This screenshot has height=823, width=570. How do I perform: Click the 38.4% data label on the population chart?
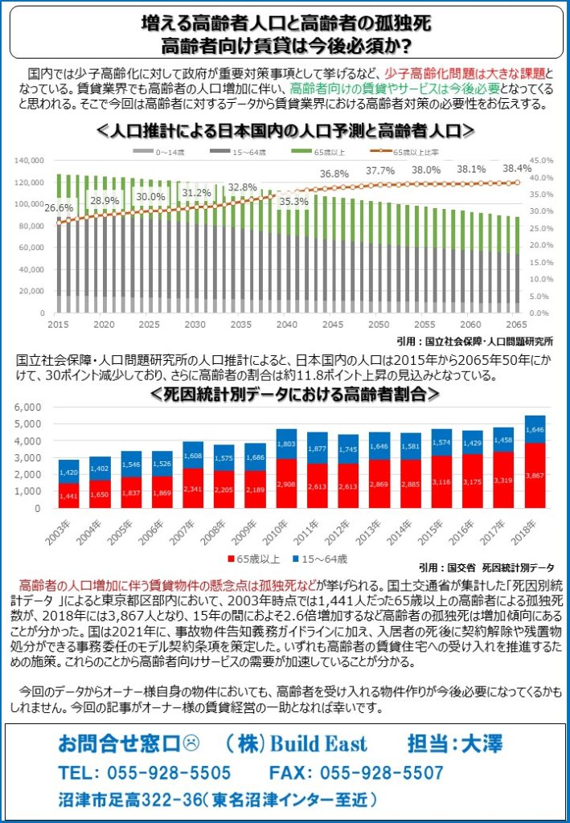[x=517, y=169]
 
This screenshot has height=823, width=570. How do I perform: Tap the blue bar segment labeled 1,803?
[x=285, y=444]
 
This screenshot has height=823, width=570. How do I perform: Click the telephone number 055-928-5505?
[x=145, y=772]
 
